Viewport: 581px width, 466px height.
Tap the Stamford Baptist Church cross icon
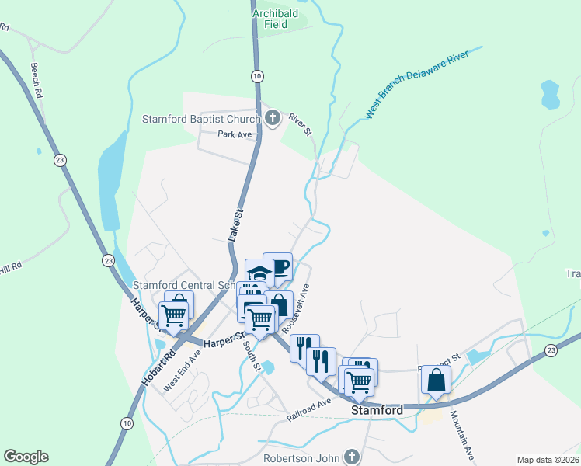[x=272, y=119]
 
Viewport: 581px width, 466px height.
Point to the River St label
[x=300, y=125]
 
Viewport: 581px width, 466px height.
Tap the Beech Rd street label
[x=36, y=80]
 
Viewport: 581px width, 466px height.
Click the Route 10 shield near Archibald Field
[x=256, y=75]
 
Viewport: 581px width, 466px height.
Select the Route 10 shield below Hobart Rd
[x=126, y=423]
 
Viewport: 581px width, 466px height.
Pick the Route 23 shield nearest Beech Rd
[x=60, y=160]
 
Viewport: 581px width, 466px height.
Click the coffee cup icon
[x=278, y=267]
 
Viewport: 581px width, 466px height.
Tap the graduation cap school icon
[x=259, y=273]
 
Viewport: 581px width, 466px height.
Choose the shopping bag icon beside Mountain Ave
[x=436, y=380]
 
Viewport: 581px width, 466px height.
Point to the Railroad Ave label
[x=308, y=410]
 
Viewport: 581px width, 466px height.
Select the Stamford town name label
[x=377, y=409]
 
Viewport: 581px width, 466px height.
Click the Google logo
[x=26, y=457]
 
